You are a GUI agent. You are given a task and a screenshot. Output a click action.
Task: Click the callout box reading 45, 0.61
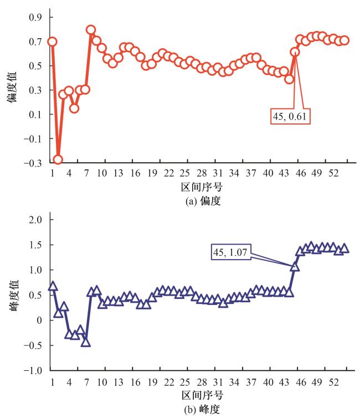pos(290,117)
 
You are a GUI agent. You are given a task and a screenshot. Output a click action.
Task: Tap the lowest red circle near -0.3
pos(58,159)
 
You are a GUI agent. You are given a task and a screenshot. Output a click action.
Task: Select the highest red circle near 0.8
pos(91,30)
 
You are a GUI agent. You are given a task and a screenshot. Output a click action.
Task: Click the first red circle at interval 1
pos(52,42)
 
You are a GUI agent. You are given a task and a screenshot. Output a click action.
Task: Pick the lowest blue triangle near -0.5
pos(85,342)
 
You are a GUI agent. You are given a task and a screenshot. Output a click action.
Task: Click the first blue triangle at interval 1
pos(53,286)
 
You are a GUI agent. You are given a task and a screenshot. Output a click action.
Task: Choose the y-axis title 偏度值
pos(11,90)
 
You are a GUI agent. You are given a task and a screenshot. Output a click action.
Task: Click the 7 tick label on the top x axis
pos(86,174)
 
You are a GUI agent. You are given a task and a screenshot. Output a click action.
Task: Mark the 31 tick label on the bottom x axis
pos(217,383)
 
